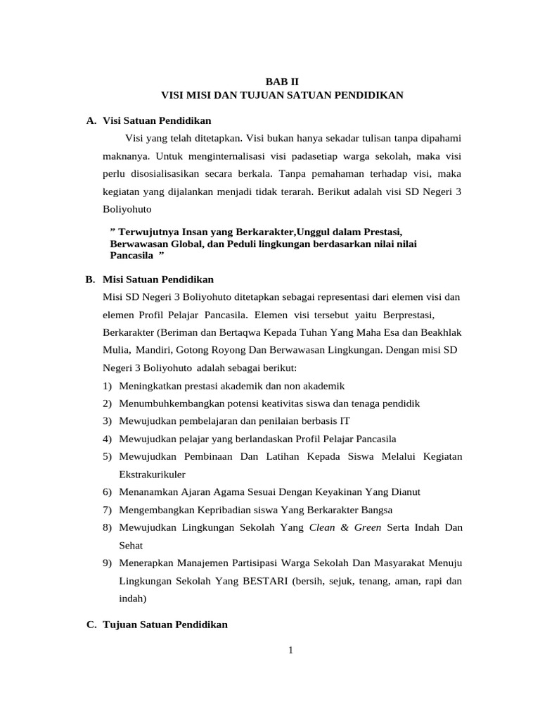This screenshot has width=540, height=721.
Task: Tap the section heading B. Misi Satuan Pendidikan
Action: coord(149,280)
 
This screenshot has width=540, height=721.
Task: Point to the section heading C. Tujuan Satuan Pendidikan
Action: coord(156,625)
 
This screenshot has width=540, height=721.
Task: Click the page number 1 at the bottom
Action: coord(290,650)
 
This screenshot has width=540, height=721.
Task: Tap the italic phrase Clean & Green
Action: coord(345,527)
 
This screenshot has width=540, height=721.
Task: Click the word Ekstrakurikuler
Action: coord(157,475)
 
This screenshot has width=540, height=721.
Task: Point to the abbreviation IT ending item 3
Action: coord(344,421)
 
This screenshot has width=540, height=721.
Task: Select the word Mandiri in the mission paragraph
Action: coord(153,350)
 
